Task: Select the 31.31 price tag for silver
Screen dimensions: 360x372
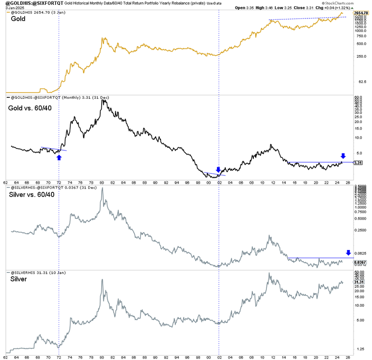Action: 358,282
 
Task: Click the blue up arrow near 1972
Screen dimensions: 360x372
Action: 59,157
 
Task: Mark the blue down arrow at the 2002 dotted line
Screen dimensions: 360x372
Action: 218,170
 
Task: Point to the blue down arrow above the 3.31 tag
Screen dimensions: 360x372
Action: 343,156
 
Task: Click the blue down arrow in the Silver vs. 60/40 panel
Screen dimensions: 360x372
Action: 348,252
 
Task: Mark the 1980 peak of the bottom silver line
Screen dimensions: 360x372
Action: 102,280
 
